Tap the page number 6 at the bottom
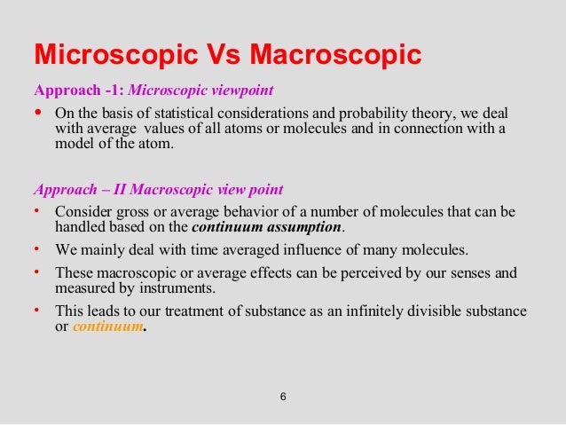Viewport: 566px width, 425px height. point(282,396)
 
